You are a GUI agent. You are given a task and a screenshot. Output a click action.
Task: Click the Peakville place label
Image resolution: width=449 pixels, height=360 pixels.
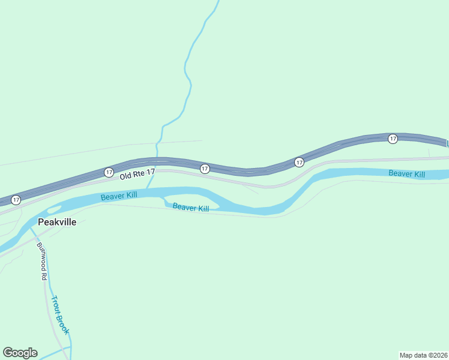point(57,222)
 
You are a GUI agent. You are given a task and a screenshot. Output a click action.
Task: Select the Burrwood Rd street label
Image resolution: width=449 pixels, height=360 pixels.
point(41,261)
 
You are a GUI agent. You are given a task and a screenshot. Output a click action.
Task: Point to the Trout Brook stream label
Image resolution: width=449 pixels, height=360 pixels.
point(60,316)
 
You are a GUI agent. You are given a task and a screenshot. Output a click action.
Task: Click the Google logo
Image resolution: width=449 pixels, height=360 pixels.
point(20,353)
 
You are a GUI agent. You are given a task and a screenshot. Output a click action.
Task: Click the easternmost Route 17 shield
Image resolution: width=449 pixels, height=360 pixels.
point(393,139)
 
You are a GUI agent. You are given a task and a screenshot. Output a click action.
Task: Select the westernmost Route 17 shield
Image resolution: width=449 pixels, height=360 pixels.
point(16,199)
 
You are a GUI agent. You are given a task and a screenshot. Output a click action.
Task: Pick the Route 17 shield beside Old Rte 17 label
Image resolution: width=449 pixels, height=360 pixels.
point(109,172)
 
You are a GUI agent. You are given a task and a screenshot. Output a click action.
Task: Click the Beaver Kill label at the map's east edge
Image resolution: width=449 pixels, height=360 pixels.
point(406,174)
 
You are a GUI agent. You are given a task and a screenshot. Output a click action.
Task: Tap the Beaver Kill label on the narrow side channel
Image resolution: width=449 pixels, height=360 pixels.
point(191,208)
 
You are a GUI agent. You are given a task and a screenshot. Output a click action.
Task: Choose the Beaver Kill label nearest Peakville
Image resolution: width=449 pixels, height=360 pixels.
point(119,196)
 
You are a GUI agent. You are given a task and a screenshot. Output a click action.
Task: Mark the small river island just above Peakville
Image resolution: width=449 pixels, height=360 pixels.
point(53,209)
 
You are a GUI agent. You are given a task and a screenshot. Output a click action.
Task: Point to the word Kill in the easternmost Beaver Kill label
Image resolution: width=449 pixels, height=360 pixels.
point(418,174)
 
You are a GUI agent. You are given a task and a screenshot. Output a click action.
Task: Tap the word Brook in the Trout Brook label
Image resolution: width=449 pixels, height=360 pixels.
point(64,324)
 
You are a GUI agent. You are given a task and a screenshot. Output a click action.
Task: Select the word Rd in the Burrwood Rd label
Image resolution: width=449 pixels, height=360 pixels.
point(43,275)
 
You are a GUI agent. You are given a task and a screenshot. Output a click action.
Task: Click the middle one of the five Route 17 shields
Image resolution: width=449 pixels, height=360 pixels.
point(205,169)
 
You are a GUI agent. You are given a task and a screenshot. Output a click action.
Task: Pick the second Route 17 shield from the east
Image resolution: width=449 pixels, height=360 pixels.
point(299,162)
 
